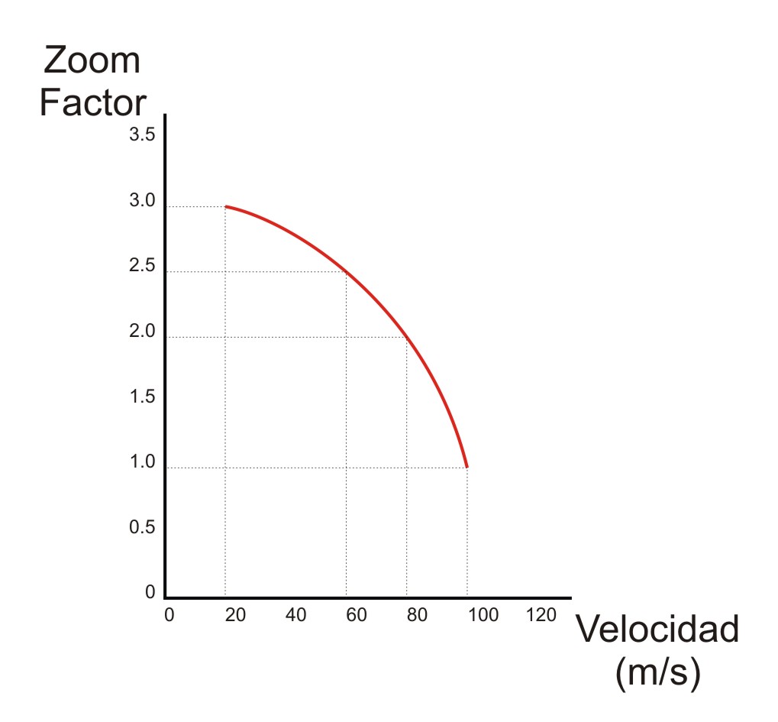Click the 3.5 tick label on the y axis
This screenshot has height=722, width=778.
[143, 136]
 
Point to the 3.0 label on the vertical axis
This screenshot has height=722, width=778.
[143, 201]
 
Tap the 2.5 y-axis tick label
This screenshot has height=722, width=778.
[143, 267]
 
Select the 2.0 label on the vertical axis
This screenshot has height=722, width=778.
[143, 332]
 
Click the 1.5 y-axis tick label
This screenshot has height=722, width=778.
[143, 397]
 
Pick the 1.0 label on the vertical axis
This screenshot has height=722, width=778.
[143, 462]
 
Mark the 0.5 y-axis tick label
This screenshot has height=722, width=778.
[143, 527]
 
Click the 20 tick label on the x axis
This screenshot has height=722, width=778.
[236, 616]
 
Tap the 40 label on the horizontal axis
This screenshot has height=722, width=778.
[296, 616]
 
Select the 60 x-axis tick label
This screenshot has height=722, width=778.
[357, 616]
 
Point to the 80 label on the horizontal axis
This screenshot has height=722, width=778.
[417, 616]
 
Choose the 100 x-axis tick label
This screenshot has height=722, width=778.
[483, 616]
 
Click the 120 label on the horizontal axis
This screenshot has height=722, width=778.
[542, 616]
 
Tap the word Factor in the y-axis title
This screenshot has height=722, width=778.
[92, 103]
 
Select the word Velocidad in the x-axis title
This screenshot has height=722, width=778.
[657, 630]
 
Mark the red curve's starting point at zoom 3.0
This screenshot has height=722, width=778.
[226, 207]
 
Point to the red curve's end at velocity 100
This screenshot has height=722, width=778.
[466, 467]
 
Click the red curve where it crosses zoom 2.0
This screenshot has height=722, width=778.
[406, 337]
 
